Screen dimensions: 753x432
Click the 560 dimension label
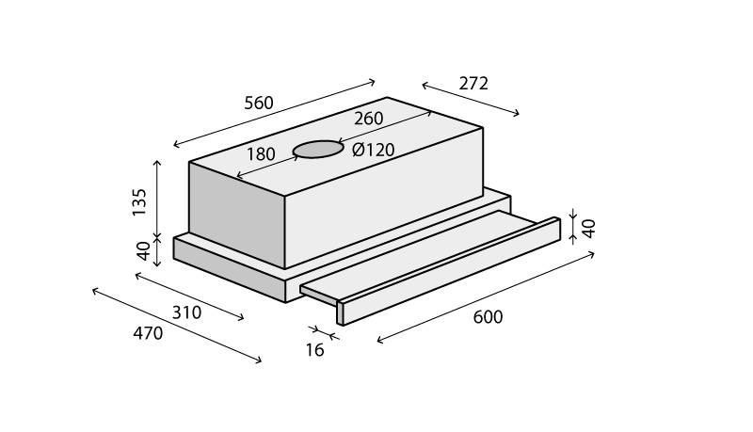(x=259, y=104)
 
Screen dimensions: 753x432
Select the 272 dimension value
(x=473, y=84)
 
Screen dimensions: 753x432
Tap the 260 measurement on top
(x=369, y=119)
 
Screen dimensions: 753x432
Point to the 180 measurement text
(x=261, y=154)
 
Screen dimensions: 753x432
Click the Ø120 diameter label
(x=373, y=150)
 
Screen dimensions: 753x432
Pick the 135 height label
(x=139, y=202)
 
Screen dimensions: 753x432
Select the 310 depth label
(x=186, y=313)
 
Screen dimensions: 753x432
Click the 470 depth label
(x=148, y=333)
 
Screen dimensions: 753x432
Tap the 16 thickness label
(x=315, y=350)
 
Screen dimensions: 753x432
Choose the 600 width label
(x=488, y=317)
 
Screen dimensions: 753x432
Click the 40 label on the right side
(x=589, y=229)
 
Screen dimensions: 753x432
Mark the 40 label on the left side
(x=144, y=250)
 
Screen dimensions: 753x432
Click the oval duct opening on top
(x=318, y=149)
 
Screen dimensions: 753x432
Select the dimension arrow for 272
(x=471, y=100)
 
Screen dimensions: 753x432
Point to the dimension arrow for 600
(x=486, y=297)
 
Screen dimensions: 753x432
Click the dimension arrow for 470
(x=177, y=326)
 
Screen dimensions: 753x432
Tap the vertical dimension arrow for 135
(x=157, y=199)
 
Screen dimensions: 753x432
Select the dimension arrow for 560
(x=274, y=113)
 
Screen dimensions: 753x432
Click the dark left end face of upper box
(x=237, y=215)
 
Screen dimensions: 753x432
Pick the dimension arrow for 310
(x=190, y=296)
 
